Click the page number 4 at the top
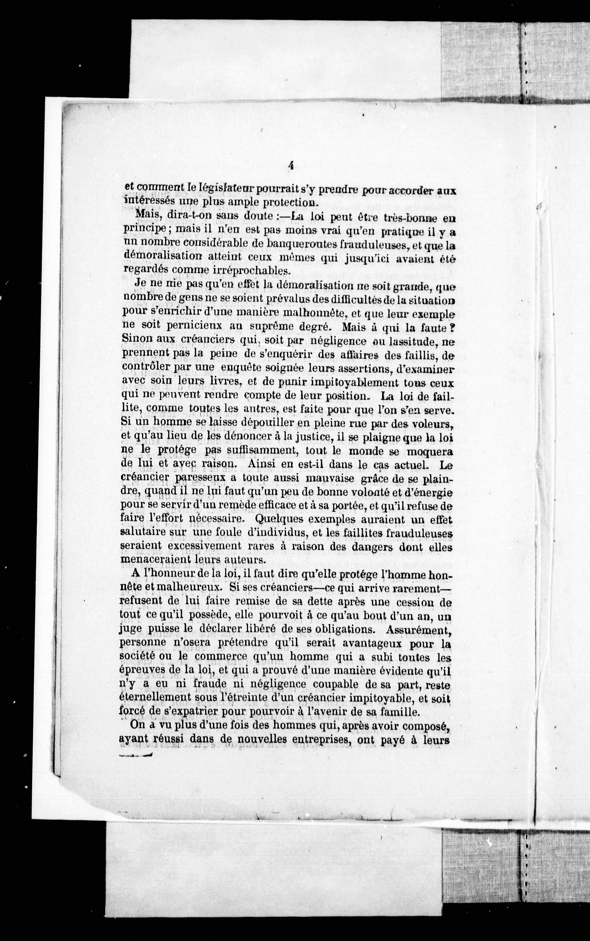290,166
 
